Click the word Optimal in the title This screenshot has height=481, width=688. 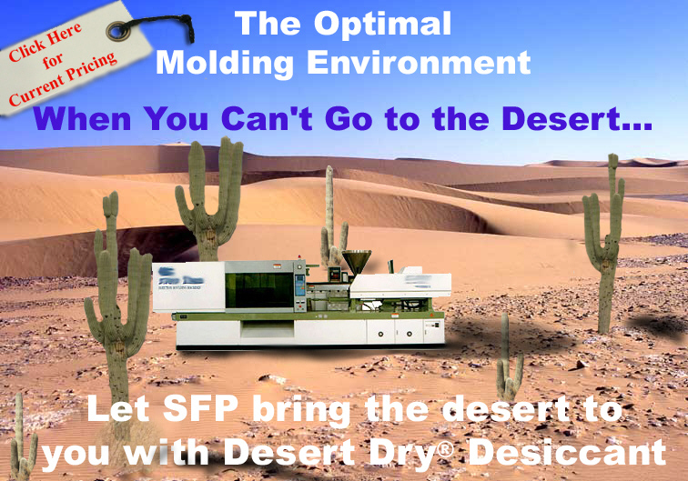click(382, 25)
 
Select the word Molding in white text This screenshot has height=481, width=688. click(225, 64)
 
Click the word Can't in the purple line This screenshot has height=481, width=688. click(267, 118)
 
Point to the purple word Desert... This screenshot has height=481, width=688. click(570, 118)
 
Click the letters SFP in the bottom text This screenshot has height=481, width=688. click(200, 408)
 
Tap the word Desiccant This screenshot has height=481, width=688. click(567, 452)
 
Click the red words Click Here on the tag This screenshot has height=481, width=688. click(45, 42)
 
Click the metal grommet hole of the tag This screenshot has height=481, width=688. click(117, 31)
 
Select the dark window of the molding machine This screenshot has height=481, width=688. click(259, 290)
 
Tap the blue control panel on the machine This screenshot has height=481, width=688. click(299, 286)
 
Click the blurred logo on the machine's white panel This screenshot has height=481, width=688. click(180, 278)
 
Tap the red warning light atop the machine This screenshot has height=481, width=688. click(299, 257)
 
